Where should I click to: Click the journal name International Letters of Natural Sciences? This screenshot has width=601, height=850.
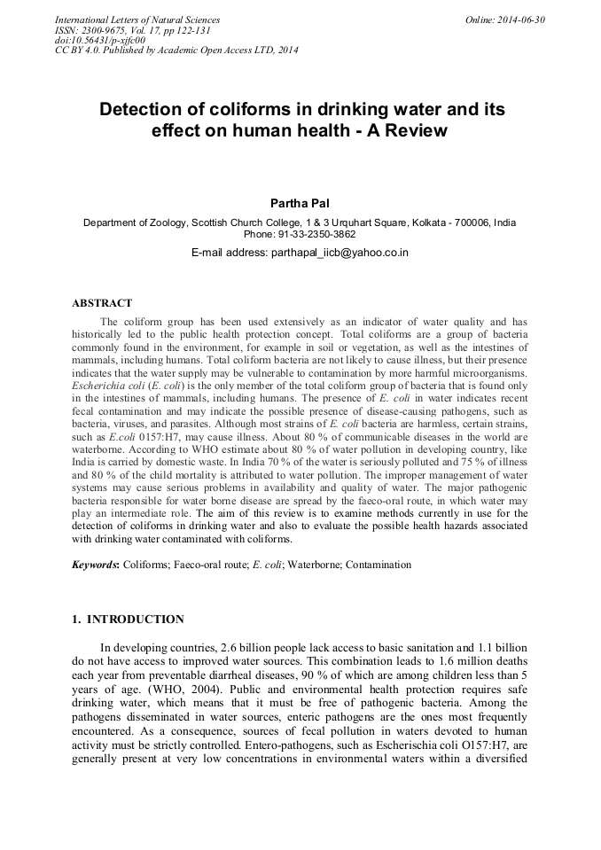point(137,19)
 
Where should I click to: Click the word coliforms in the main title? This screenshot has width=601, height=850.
point(250,110)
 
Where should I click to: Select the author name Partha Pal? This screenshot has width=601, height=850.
point(300,204)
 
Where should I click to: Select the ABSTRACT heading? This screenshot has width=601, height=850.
point(102,303)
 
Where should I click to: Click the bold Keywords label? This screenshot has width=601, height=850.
point(95,564)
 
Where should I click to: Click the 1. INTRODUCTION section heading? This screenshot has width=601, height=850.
point(128,620)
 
